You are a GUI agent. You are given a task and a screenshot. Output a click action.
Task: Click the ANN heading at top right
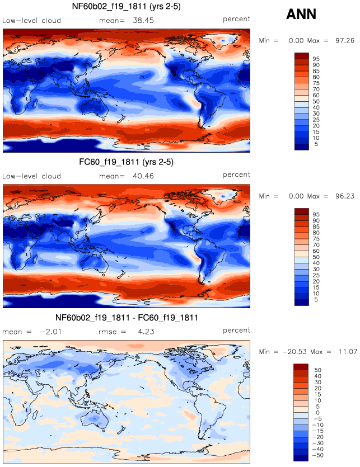click(x=302, y=15)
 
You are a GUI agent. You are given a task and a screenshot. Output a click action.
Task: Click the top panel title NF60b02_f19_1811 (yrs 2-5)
click(x=126, y=7)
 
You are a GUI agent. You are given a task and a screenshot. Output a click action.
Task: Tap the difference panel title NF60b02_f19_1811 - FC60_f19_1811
click(x=126, y=318)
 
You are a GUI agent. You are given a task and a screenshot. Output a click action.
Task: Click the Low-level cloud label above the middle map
click(x=31, y=175)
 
